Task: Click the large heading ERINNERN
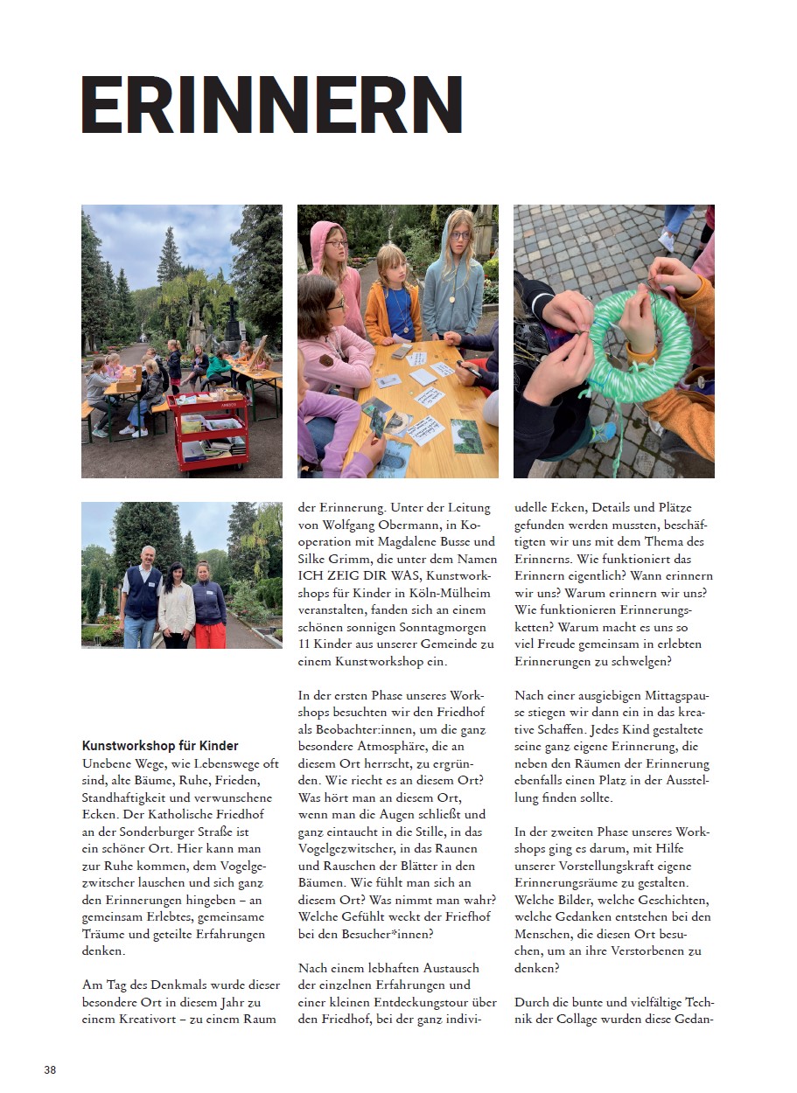tap(271, 104)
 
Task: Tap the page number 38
tap(50, 1069)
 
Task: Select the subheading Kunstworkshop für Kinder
tap(160, 746)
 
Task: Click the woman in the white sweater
tap(177, 603)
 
